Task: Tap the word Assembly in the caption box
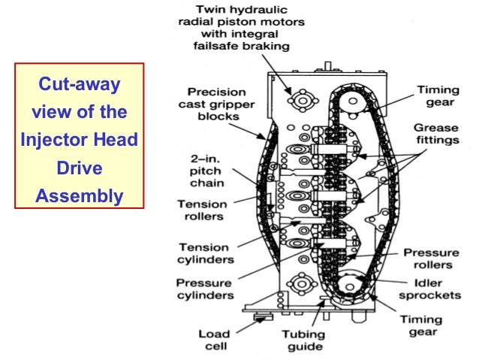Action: tap(79, 197)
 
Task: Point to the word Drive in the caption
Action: tap(79, 169)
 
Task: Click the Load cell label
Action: tap(214, 340)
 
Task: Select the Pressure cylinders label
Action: tap(204, 289)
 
